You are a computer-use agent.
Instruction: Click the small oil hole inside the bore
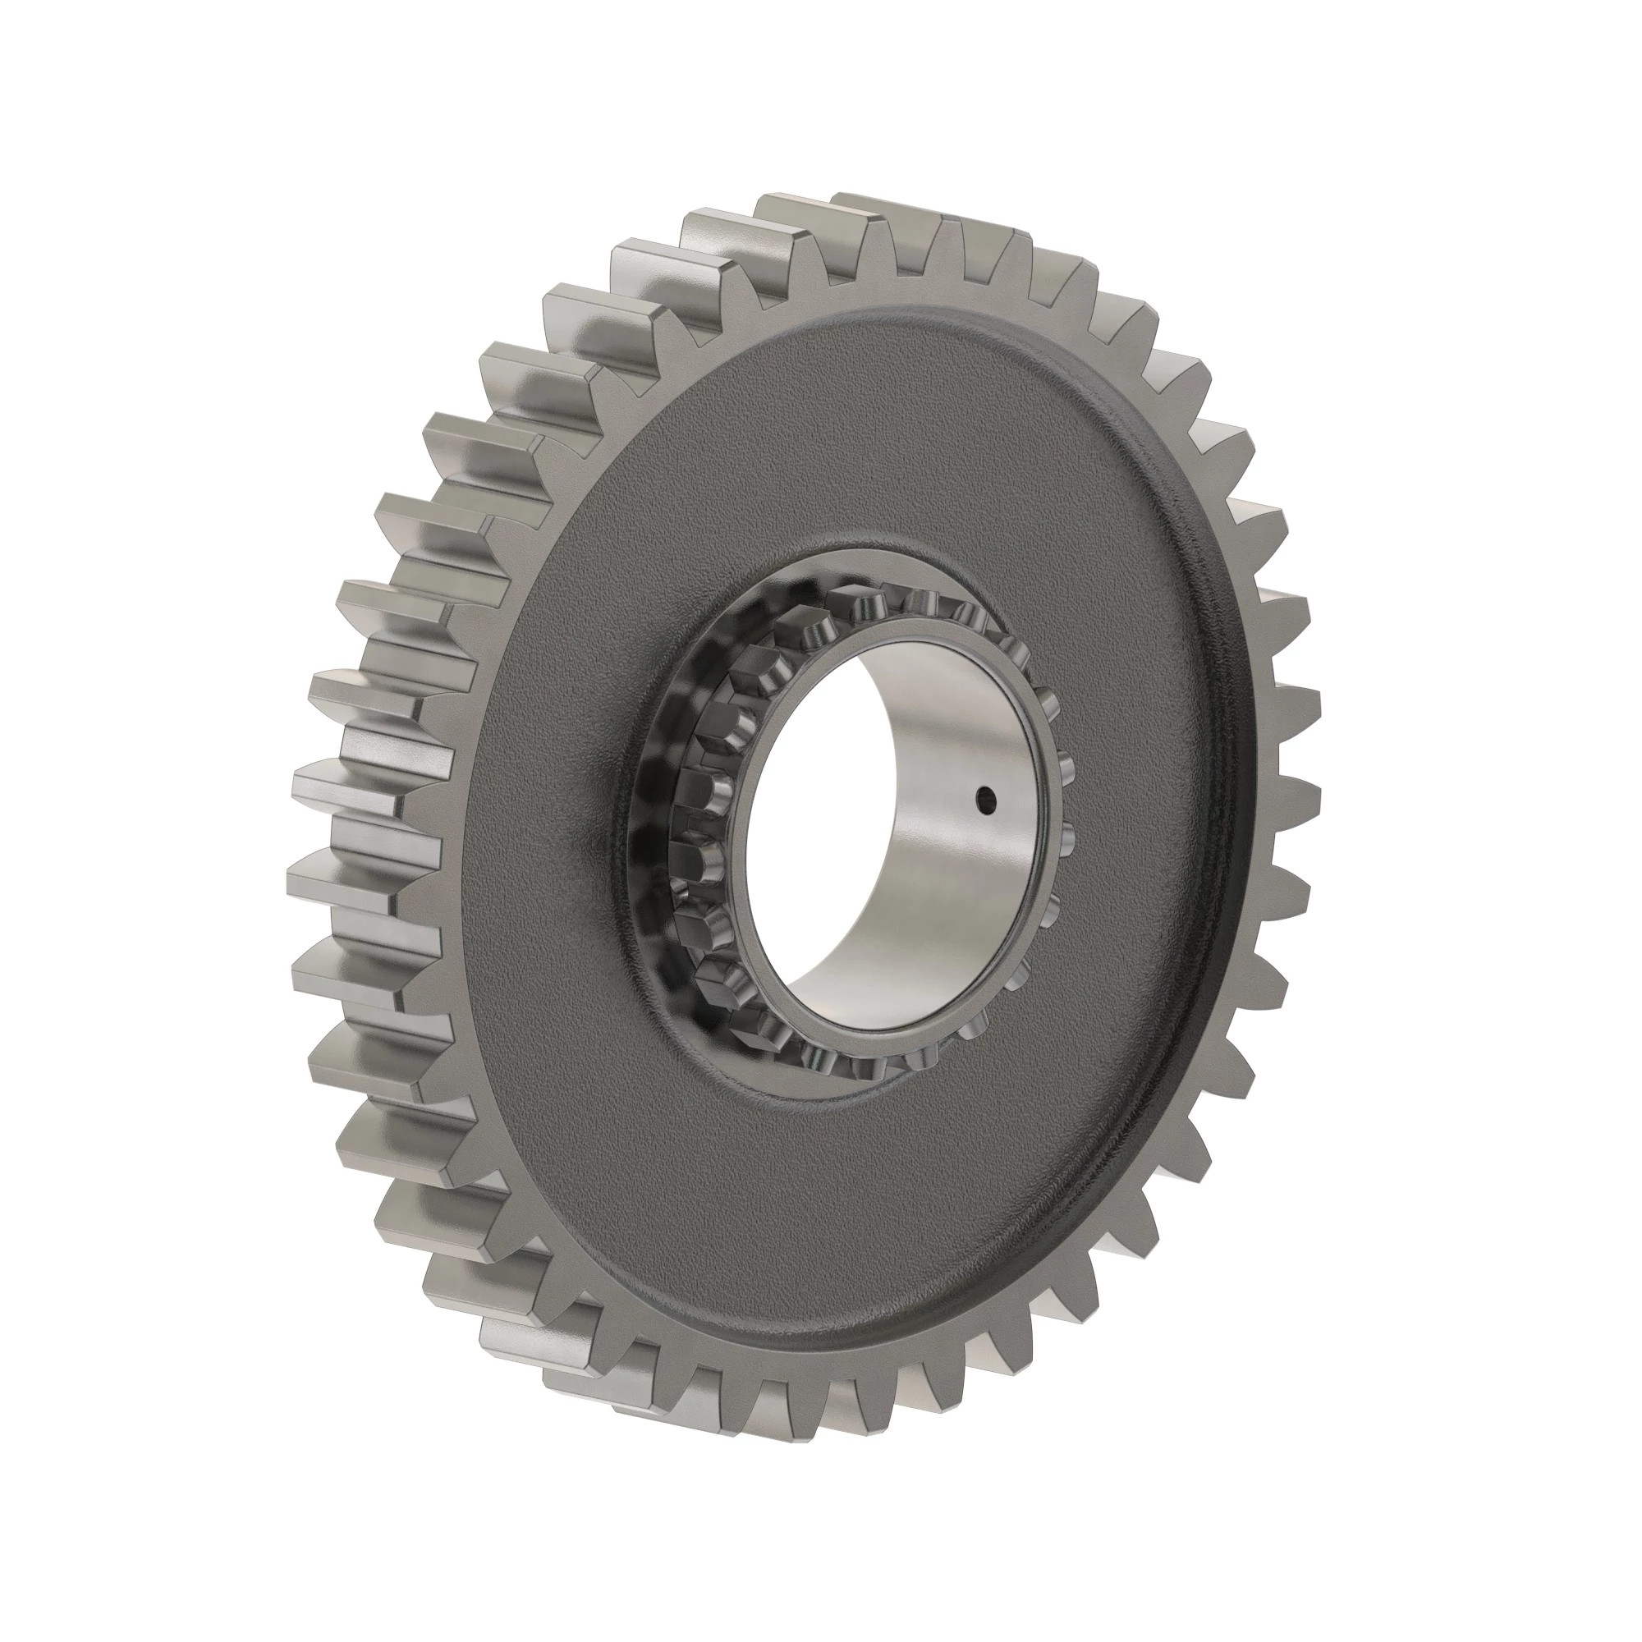pos(985,797)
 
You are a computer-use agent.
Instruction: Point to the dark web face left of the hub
pos(544,807)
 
